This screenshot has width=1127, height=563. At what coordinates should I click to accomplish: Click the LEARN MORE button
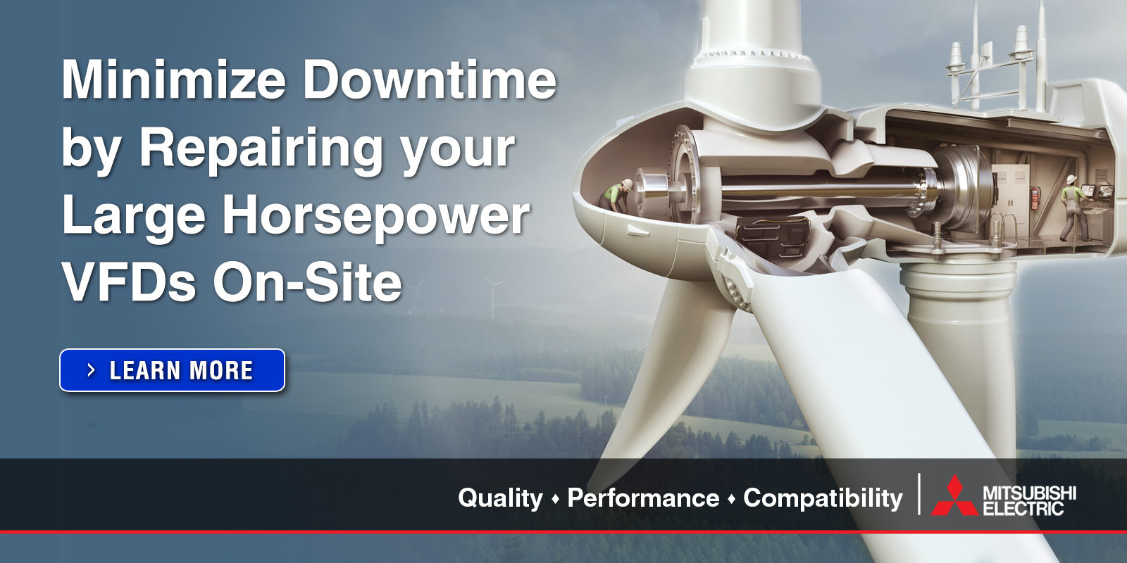point(172,370)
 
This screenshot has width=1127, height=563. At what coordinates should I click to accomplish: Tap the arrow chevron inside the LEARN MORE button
point(91,370)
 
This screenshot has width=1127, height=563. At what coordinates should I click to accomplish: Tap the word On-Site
point(308,283)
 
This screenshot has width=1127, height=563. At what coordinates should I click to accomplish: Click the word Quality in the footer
point(500,498)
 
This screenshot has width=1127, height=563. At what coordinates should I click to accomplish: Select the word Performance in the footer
point(643,498)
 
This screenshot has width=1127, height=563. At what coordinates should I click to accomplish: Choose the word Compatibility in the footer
point(823,498)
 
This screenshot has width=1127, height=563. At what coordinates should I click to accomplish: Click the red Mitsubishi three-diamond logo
point(954,496)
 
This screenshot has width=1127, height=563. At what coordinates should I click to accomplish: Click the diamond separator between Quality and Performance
point(555,499)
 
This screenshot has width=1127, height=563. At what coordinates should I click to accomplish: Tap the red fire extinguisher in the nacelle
point(1035,198)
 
